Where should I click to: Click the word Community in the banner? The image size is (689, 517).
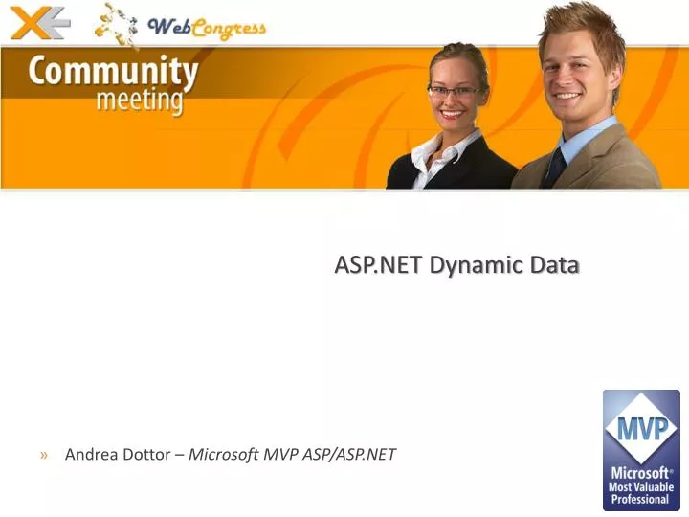tap(114, 72)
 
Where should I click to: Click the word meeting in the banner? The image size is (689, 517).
tap(139, 101)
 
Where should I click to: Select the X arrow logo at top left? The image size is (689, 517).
tap(38, 21)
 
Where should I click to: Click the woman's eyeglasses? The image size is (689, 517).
tap(455, 92)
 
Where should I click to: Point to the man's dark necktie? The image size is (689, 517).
tap(554, 167)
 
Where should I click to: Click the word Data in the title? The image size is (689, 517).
tap(555, 265)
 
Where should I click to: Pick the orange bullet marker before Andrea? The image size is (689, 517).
tap(45, 455)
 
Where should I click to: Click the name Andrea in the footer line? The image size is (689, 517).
tap(91, 455)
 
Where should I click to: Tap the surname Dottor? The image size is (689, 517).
tap(146, 455)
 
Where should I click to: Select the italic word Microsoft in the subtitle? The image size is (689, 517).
tap(224, 455)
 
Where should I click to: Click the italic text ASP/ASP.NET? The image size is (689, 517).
tap(349, 455)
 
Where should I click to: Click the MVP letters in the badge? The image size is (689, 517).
tap(641, 428)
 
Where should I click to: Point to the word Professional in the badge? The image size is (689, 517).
tap(641, 499)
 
